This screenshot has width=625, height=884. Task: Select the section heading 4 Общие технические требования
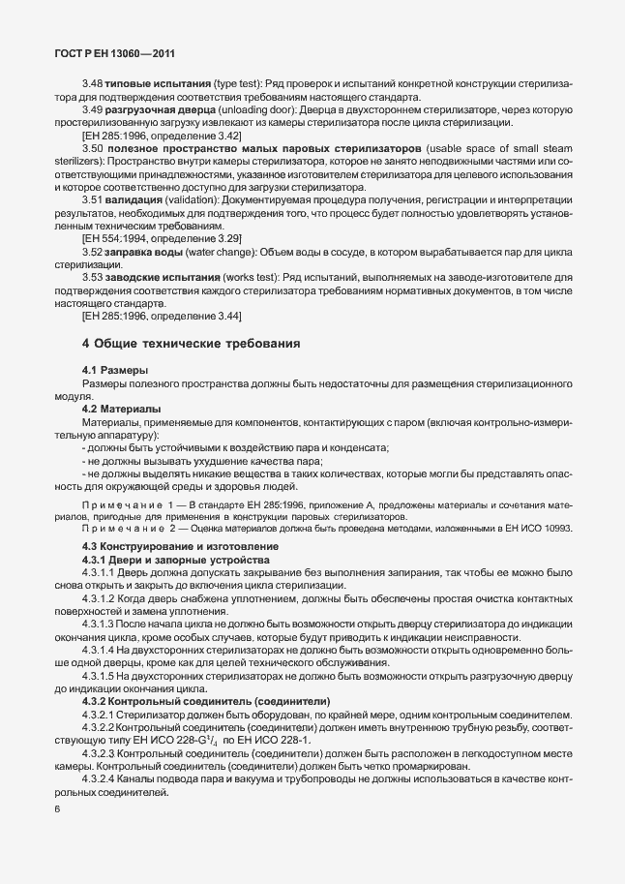(x=191, y=343)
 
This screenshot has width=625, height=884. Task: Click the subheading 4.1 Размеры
(x=115, y=371)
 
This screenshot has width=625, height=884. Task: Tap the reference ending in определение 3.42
(x=162, y=137)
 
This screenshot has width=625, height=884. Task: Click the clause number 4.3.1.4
(x=103, y=650)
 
